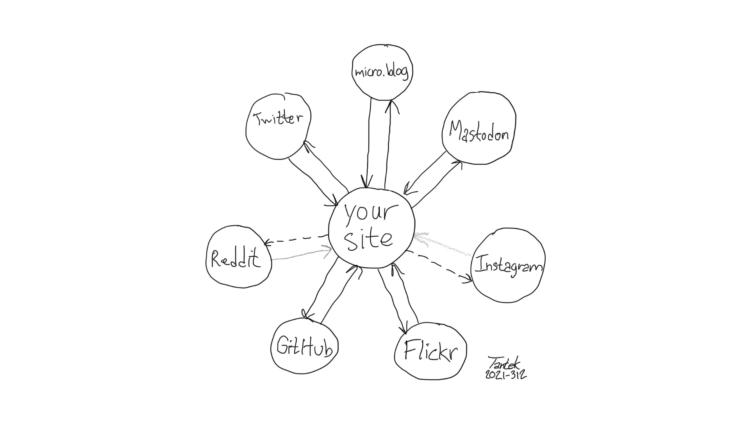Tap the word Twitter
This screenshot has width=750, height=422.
click(278, 118)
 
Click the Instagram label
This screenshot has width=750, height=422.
click(508, 266)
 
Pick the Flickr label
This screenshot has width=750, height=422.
click(430, 351)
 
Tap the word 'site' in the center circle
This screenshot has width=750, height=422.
click(369, 240)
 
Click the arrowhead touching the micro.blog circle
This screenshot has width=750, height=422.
click(391, 105)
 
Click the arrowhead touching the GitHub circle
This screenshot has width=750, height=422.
click(306, 315)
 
